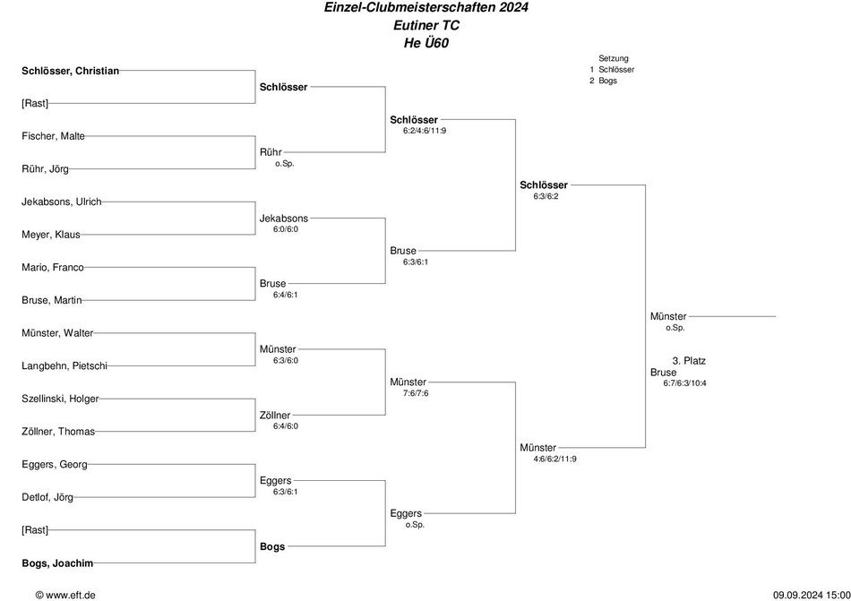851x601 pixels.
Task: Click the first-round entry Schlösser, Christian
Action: point(70,71)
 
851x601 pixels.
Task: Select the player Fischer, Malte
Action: point(53,136)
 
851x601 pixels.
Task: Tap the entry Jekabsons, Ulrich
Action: point(61,202)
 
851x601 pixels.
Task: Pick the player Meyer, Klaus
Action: point(51,235)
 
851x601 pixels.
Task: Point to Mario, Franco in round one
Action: point(53,268)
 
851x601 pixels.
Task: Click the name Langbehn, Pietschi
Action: point(64,366)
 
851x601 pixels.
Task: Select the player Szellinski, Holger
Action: point(60,399)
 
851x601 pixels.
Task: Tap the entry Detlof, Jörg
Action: point(47,497)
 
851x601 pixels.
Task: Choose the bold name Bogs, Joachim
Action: point(57,563)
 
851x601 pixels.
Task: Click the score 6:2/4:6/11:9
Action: point(425,131)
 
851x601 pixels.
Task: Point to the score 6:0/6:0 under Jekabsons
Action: point(286,229)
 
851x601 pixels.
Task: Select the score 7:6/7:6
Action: point(416,392)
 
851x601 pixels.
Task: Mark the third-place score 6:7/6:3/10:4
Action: point(684,383)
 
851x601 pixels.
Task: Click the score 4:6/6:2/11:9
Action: point(554,459)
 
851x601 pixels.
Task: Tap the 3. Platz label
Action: point(689,361)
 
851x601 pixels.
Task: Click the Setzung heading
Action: point(614,58)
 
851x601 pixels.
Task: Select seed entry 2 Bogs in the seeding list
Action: point(604,81)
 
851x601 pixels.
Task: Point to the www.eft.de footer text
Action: point(71,595)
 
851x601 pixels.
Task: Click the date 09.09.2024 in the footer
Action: point(797,595)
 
